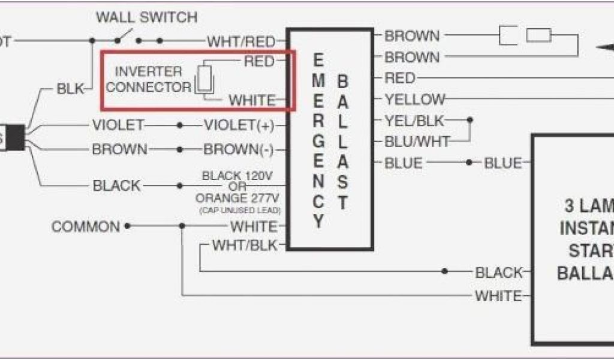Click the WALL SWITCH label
coord(146,18)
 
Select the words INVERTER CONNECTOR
coord(148,80)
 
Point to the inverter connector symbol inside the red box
coord(204,79)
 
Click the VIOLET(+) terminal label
coord(239,125)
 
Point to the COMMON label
coord(86,227)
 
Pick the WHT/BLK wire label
coord(245,245)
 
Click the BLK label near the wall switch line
coord(71,89)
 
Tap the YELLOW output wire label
coord(415,100)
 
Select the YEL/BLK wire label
coord(414,121)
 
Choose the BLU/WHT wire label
coord(417,142)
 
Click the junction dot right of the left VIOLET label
coord(180,125)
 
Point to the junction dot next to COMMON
coord(127,227)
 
